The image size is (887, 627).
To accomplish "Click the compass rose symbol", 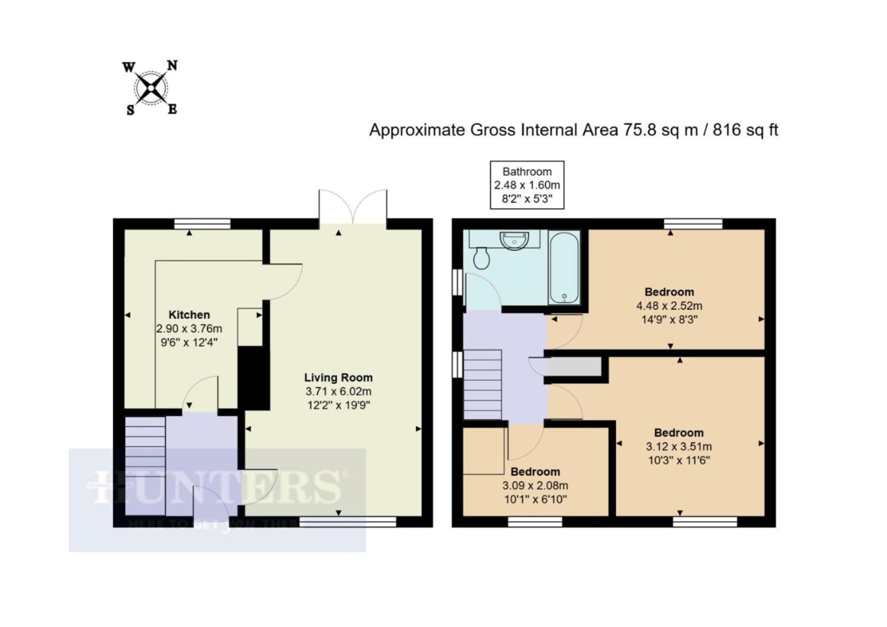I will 151,88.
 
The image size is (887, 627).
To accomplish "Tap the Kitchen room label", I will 189,315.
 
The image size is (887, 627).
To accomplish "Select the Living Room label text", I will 338,377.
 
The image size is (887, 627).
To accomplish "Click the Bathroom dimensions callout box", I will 527,185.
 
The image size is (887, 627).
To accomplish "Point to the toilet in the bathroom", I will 481,258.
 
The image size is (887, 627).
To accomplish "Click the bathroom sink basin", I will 514,240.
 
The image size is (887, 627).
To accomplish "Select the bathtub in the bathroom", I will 564,267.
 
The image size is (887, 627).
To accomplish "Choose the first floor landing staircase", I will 482,384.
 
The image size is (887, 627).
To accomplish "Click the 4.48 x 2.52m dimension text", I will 669,305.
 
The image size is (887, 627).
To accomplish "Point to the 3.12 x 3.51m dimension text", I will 679,446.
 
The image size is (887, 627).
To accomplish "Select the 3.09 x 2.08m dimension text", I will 535,485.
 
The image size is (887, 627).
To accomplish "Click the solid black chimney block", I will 254,378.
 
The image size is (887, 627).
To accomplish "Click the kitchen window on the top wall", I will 203,224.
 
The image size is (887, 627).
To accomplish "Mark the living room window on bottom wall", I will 348,522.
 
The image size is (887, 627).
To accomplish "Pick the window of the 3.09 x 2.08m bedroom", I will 535,522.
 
